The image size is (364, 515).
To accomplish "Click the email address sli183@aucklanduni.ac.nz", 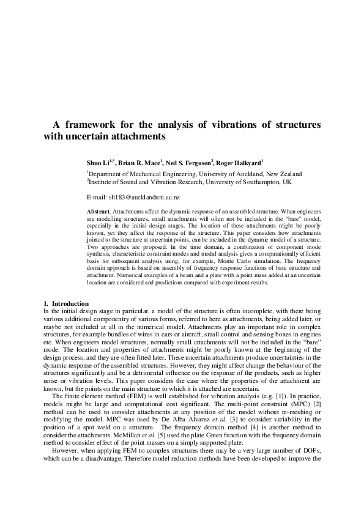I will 144,198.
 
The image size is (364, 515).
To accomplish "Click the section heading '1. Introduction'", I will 66,303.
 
